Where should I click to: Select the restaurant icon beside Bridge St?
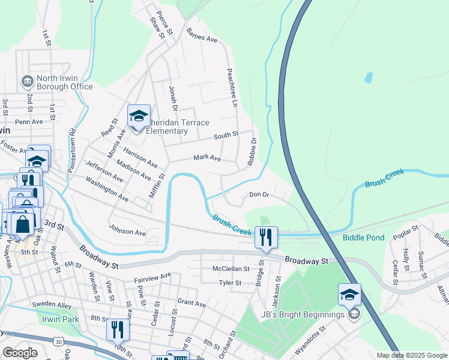tap(266, 237)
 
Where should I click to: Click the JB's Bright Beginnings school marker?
tap(349, 294)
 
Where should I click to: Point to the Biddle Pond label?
tap(363, 238)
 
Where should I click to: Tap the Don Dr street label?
tap(259, 195)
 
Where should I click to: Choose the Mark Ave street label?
tap(207, 159)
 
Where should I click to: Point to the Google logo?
tap(20, 353)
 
